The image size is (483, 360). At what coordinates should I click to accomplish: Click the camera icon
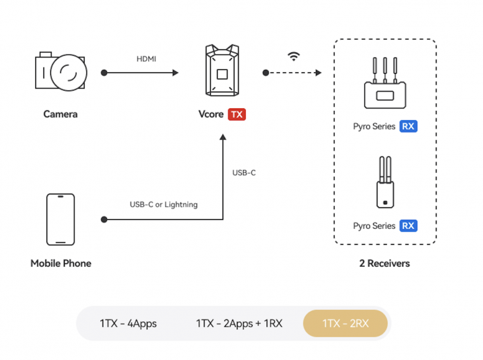[x=61, y=72]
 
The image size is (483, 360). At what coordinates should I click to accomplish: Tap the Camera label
[x=60, y=114]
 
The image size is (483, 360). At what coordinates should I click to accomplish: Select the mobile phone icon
[x=60, y=220]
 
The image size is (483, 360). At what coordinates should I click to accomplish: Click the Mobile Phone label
[x=61, y=263]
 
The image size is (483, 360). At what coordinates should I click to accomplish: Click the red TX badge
[x=236, y=114]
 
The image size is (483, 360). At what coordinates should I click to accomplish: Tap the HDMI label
[x=146, y=59]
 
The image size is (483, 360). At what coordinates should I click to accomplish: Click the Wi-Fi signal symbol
[x=294, y=57]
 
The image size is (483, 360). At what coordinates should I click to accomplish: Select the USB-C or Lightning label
[x=163, y=204]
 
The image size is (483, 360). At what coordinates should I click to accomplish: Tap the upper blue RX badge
[x=409, y=127]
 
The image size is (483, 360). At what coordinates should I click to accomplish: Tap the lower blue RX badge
[x=409, y=226]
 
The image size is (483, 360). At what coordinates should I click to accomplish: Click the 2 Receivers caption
[x=384, y=263]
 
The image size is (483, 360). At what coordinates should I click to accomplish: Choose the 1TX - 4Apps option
[x=128, y=323]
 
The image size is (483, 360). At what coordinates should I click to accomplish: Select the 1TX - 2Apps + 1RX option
[x=239, y=323]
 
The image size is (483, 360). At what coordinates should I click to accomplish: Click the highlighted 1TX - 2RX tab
[x=345, y=323]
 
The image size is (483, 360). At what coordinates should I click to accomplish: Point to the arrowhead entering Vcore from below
[x=223, y=138]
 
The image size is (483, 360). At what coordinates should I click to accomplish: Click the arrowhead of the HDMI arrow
[x=175, y=72]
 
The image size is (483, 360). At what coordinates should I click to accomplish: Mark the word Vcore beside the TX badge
[x=211, y=114]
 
